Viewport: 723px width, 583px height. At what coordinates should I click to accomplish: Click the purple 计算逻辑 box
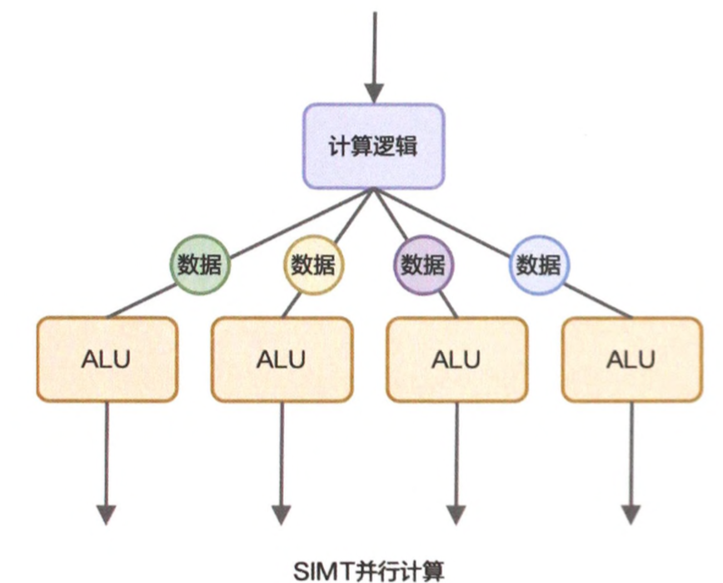[371, 147]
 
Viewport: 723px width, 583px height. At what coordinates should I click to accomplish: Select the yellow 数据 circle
[313, 266]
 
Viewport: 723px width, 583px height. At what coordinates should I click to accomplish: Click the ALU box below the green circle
[107, 359]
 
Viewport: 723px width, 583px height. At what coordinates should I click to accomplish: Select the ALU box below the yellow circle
[282, 359]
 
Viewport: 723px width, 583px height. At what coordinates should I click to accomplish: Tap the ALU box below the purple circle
[456, 359]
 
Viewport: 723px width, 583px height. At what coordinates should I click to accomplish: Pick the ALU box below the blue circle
[631, 359]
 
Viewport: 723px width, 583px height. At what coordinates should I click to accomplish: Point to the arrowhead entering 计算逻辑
[374, 91]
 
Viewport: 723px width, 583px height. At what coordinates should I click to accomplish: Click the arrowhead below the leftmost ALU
[107, 514]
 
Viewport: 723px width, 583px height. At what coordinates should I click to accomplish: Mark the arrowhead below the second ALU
[282, 514]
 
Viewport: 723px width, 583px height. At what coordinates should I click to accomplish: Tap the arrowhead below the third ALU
[456, 514]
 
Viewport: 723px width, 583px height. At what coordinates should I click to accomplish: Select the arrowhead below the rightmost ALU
[631, 514]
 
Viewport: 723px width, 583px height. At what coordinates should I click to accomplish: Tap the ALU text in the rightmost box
[631, 360]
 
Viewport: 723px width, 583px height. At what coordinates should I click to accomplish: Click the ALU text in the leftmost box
[107, 360]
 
